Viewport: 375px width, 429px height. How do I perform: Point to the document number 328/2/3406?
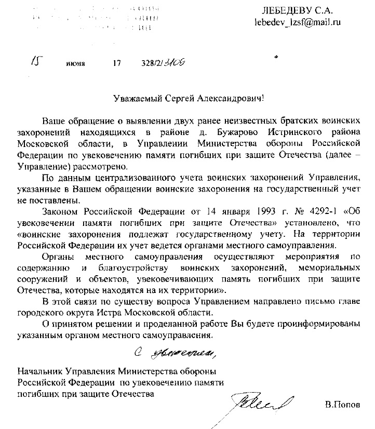164,63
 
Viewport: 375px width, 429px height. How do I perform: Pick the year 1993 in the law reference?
266,210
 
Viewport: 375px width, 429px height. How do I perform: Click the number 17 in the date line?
116,64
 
